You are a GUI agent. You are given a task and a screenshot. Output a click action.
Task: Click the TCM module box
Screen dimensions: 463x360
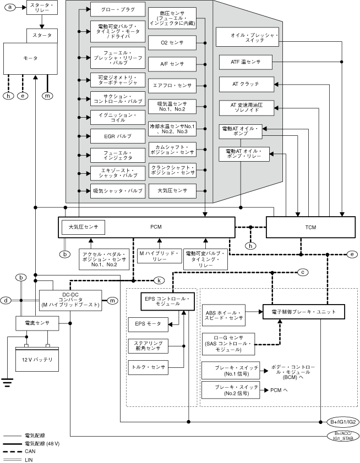(x=309, y=227)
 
